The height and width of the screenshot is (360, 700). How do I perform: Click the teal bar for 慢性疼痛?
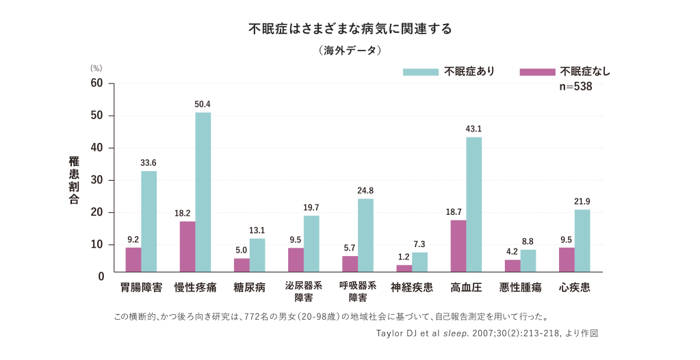point(203,192)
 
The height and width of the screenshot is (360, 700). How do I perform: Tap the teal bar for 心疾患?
point(582,241)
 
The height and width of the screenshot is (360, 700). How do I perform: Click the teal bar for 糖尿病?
point(257,255)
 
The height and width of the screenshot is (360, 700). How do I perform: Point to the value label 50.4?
point(203,105)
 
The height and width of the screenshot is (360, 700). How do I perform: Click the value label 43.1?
point(474,129)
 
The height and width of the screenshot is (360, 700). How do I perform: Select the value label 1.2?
point(404,257)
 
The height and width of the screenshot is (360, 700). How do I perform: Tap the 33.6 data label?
point(148,163)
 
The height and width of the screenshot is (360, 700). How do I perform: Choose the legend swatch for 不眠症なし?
point(537,72)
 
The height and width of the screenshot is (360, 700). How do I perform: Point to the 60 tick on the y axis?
point(96,83)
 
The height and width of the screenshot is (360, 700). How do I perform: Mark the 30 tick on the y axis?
point(96,180)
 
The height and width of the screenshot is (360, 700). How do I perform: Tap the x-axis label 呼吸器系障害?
point(358,292)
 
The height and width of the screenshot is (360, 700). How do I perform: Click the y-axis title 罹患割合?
point(74,180)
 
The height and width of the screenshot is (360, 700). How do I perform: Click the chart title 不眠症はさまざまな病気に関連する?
point(350,29)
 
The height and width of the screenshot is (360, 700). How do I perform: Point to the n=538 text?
point(575,87)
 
